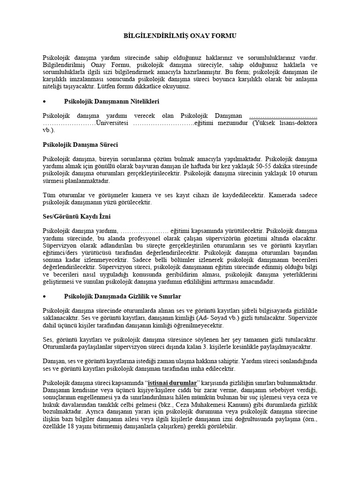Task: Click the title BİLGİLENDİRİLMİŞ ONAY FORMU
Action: click(180, 36)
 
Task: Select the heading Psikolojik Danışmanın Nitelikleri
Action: click(111, 101)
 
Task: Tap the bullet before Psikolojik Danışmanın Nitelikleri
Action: click(45, 102)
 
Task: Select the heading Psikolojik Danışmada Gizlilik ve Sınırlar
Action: click(122, 297)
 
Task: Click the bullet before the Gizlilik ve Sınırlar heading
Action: click(45, 297)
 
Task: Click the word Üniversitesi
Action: click(113, 123)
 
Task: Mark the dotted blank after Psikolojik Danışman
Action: click(283, 116)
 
